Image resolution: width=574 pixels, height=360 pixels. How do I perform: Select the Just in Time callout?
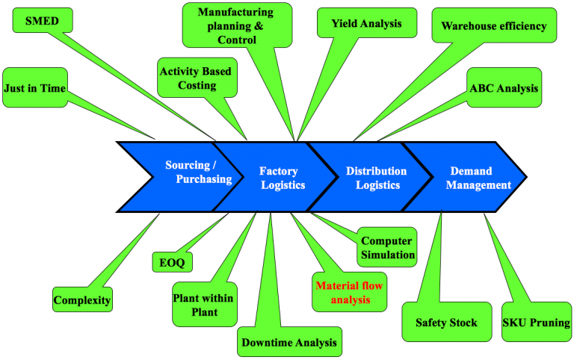click(34, 88)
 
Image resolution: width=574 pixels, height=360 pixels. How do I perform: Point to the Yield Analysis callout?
click(366, 23)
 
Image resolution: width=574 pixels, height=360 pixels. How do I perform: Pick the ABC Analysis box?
click(503, 87)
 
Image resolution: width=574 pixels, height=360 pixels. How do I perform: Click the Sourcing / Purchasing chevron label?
click(193, 172)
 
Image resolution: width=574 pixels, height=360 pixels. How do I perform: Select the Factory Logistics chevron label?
click(283, 178)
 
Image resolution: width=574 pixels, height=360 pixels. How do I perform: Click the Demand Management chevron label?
click(478, 178)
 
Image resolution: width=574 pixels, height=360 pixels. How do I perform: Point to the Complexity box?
click(82, 301)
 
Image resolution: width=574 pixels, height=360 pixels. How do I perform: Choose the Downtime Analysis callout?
click(289, 344)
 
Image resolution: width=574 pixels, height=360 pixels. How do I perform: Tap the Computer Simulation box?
click(387, 248)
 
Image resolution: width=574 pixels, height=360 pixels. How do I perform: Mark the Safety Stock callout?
click(441, 323)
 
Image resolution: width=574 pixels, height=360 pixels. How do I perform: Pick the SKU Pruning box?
click(536, 323)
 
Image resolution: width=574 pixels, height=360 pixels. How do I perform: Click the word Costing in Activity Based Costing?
click(197, 85)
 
